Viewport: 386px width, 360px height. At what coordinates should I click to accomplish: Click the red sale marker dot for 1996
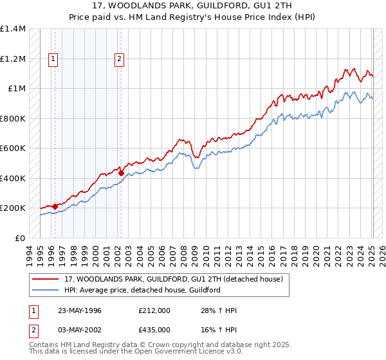55,206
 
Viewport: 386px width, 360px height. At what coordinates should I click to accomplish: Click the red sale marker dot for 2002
121,173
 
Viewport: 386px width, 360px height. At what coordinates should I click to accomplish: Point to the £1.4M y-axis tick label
13,29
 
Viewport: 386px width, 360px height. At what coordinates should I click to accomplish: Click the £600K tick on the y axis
13,148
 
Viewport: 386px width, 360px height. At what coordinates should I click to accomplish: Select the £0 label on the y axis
19,238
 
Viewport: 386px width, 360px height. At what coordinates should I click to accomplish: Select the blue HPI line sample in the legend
46,291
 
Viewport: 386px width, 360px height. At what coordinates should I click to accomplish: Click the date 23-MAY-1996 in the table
80,310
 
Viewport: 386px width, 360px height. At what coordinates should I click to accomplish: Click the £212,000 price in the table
154,310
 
